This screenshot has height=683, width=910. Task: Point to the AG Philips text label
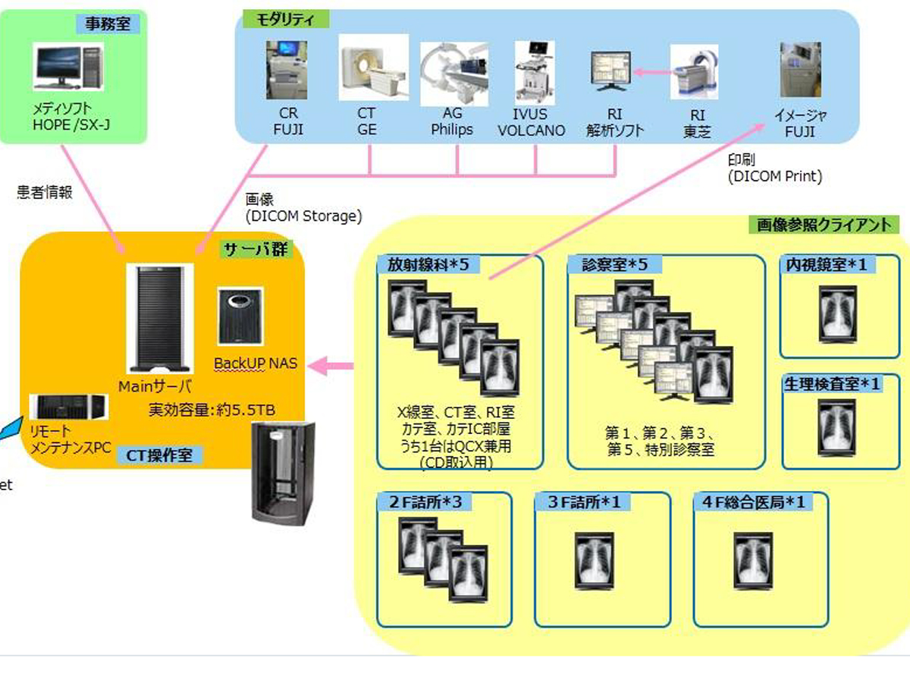point(452,122)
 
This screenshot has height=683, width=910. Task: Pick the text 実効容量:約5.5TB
point(212,410)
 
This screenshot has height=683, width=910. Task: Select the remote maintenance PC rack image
point(68,408)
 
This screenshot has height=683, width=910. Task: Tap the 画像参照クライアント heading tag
point(824,225)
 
